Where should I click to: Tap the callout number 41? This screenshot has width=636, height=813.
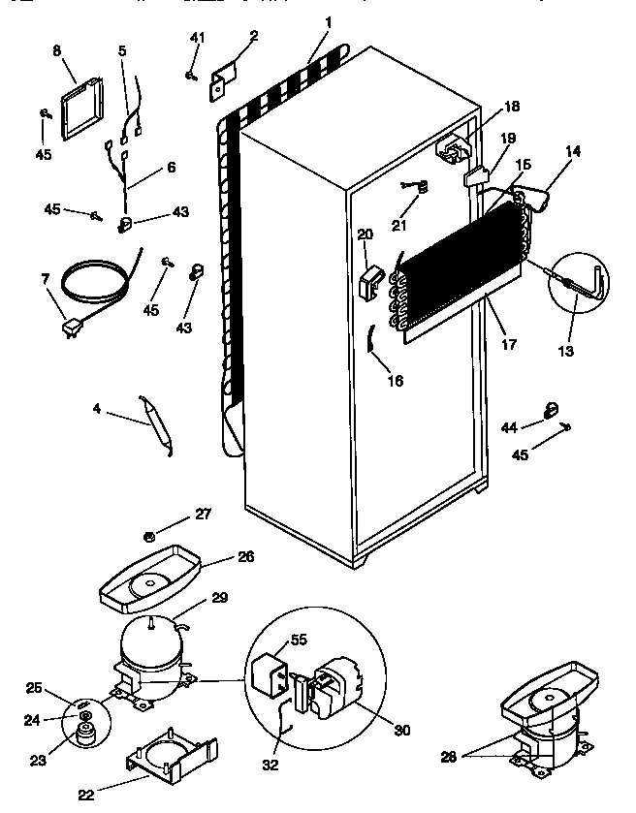click(198, 38)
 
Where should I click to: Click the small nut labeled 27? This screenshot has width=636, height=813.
click(149, 536)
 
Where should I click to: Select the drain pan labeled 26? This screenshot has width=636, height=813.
click(150, 579)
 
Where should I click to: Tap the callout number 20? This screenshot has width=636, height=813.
click(365, 234)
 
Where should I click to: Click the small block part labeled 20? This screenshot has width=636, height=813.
click(368, 283)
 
